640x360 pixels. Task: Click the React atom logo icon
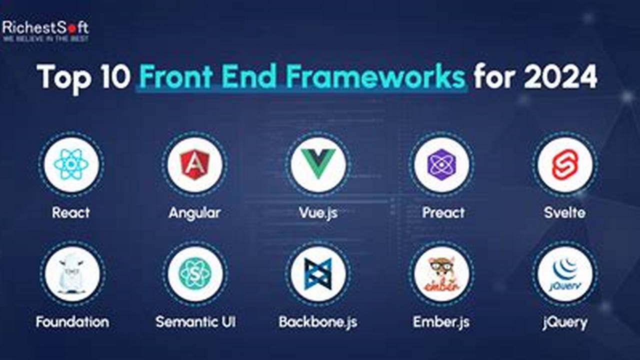[71, 164]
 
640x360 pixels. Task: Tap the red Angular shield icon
[194, 164]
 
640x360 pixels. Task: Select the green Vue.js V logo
[318, 164]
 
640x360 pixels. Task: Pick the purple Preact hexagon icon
[441, 164]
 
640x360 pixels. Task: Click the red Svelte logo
[565, 164]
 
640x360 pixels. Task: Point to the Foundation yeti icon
[71, 274]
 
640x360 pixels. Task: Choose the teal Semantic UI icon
[194, 274]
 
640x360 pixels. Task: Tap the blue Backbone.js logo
[318, 274]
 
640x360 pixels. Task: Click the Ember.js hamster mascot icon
[441, 274]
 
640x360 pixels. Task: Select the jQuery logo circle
[565, 274]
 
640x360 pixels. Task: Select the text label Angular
[194, 212]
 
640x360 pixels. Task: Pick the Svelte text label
[564, 212]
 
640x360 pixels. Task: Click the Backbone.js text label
[318, 321]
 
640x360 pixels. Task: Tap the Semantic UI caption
[195, 321]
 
